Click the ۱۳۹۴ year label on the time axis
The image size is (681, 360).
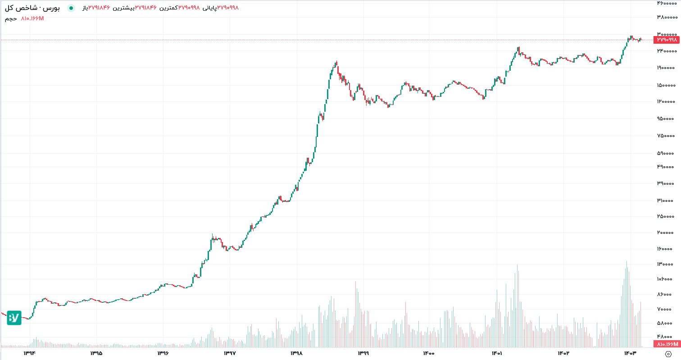click(30, 353)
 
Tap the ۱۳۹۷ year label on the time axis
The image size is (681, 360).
click(229, 353)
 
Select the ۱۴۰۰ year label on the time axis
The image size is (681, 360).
click(428, 353)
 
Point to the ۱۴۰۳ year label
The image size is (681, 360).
click(630, 353)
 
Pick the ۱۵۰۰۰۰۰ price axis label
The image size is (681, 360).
click(666, 85)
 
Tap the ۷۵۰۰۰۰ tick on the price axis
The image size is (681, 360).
click(667, 136)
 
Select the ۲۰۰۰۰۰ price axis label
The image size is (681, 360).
click(667, 232)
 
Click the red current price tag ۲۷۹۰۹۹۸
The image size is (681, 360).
click(666, 40)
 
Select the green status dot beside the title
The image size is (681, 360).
click(71, 8)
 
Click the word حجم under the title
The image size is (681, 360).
click(11, 18)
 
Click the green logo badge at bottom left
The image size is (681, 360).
click(14, 318)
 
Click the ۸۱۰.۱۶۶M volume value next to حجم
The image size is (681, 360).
click(32, 18)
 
